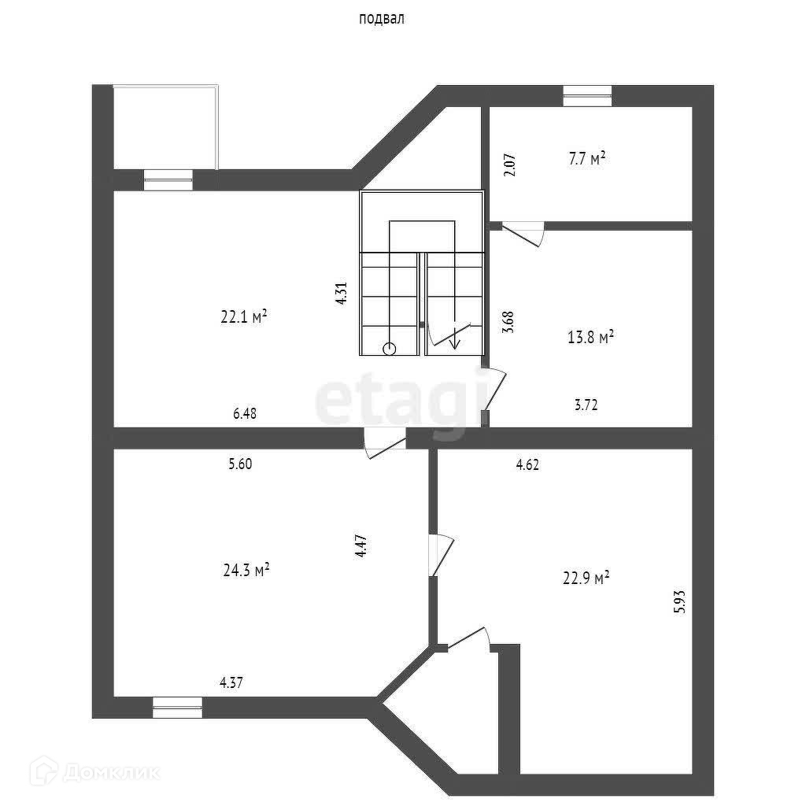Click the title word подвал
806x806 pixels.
(x=381, y=20)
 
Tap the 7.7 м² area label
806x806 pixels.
(x=586, y=159)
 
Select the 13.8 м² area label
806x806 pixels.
(x=590, y=338)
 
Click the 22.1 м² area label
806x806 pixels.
(x=245, y=317)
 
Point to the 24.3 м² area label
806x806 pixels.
(x=246, y=569)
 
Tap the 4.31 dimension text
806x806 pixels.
(x=341, y=293)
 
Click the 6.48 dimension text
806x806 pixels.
(x=245, y=412)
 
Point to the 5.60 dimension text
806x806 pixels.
(x=240, y=464)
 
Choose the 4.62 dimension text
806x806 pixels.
(x=527, y=464)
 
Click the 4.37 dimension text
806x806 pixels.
(x=231, y=683)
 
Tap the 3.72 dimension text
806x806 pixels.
(x=586, y=405)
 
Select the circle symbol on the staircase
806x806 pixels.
(x=390, y=349)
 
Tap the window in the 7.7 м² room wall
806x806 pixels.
(x=587, y=95)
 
